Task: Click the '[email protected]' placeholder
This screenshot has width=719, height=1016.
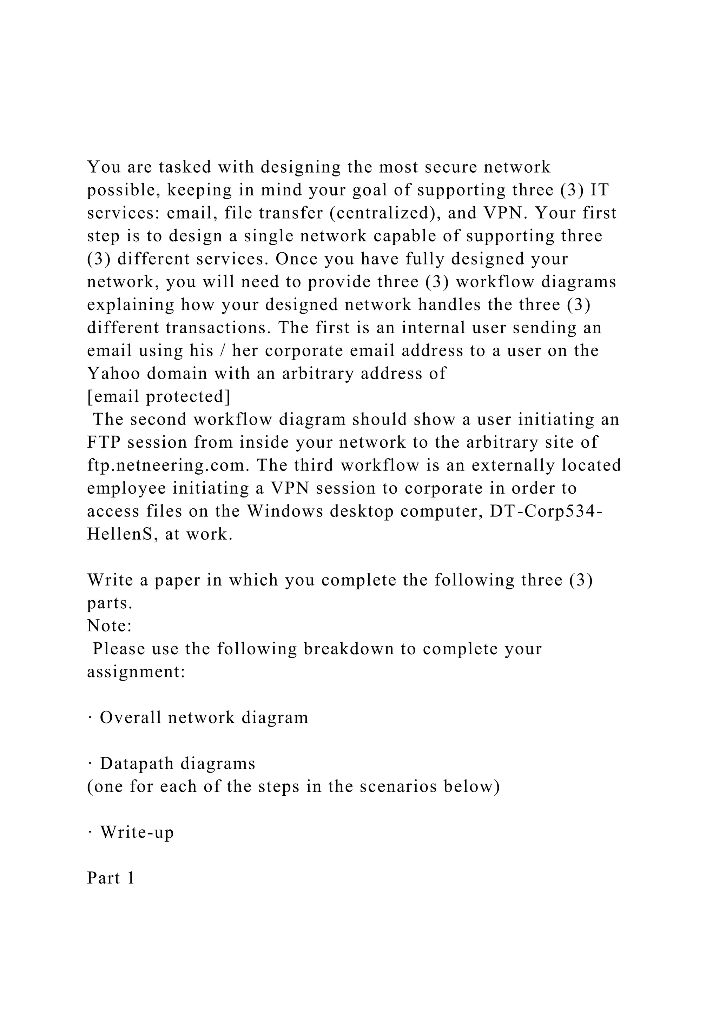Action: coord(158,397)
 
